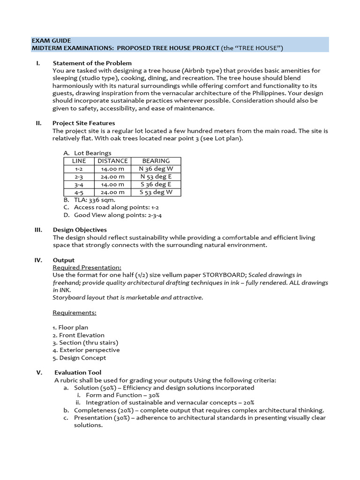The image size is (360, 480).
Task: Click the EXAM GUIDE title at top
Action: tap(51, 41)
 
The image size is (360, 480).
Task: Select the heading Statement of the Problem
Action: tap(92, 63)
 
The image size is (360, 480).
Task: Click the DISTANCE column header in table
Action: tap(112, 161)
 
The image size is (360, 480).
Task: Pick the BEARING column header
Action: tap(156, 161)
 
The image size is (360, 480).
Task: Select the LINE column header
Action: tap(79, 161)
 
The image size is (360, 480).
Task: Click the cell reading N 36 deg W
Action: tap(156, 169)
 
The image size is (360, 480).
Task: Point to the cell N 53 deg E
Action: tap(156, 177)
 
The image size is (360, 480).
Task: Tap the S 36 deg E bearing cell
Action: tap(156, 185)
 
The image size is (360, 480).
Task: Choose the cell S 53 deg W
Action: tap(156, 192)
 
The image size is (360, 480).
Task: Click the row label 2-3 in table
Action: tap(79, 177)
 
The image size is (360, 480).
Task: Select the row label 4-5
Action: tap(79, 192)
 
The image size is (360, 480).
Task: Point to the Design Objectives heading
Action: tap(80, 230)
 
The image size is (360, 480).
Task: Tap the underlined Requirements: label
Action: tap(75, 312)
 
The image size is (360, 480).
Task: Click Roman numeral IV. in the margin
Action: tap(39, 260)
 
